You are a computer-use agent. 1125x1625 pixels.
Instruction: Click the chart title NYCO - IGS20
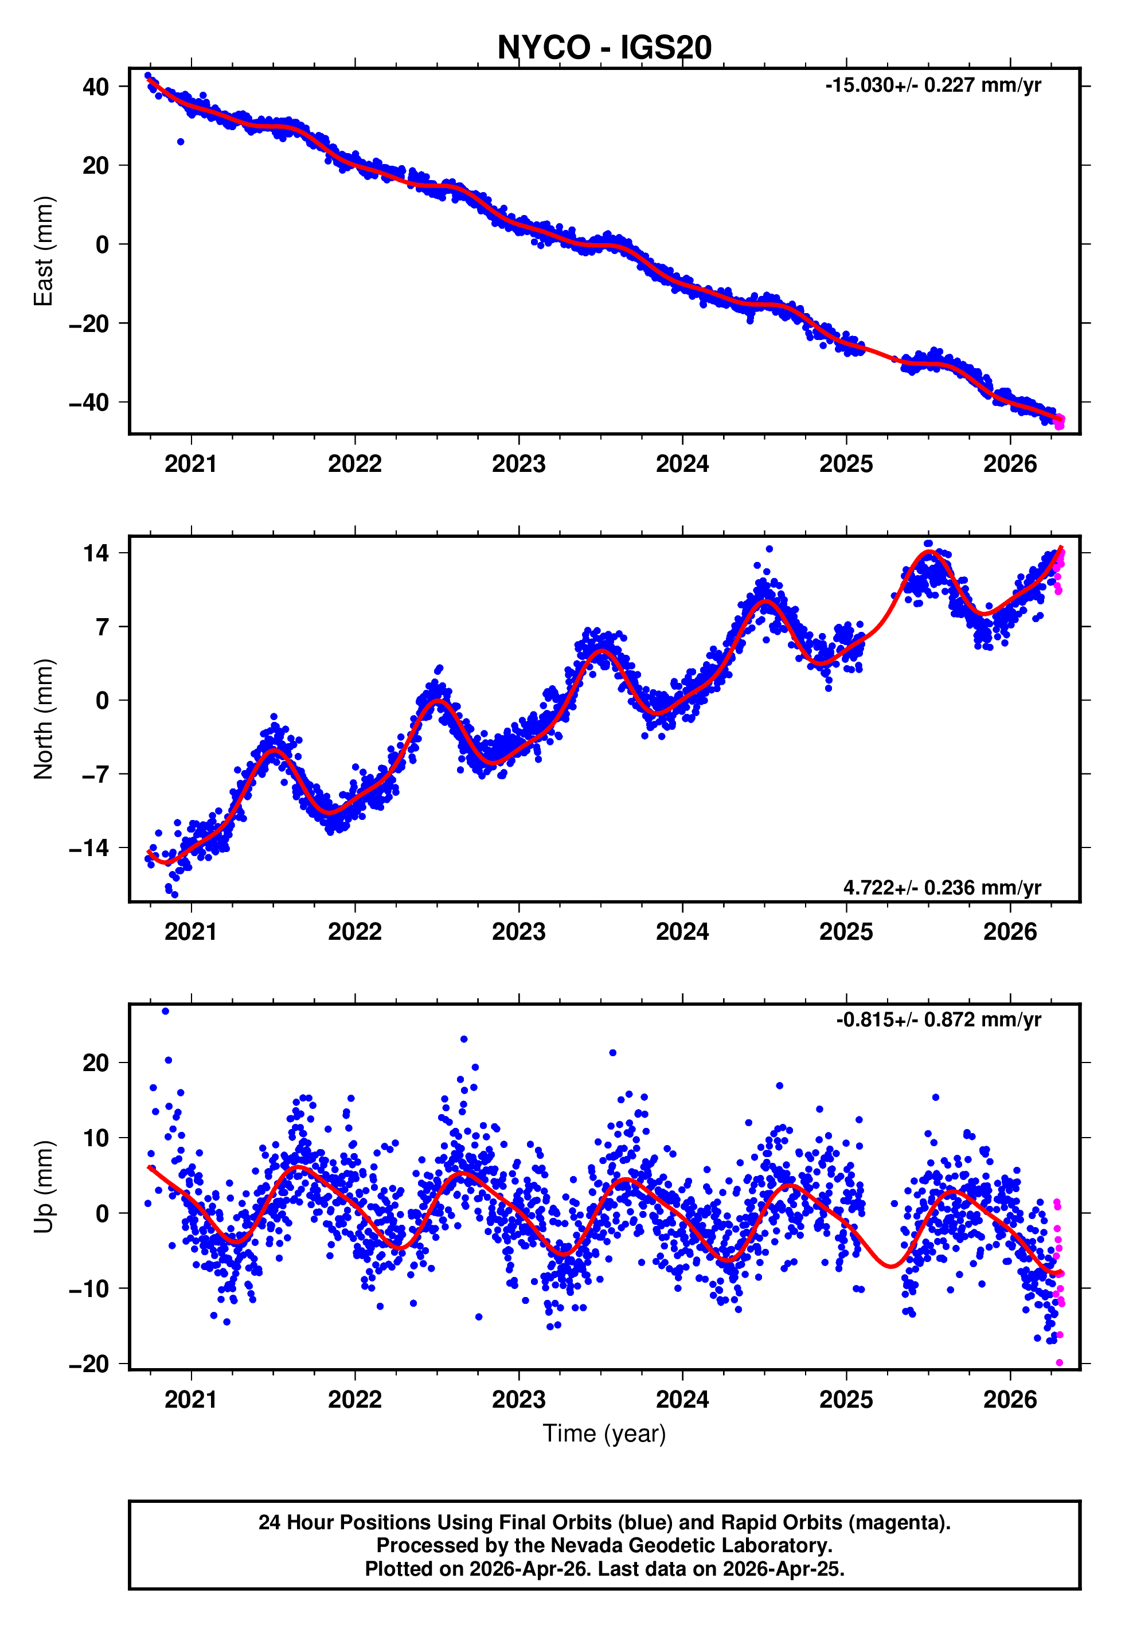click(x=604, y=48)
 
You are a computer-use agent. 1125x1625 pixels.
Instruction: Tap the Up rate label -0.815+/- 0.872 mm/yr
click(x=938, y=1019)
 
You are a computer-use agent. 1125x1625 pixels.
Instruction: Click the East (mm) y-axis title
click(x=44, y=251)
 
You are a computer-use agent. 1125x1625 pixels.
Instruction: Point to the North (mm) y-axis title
click(x=44, y=719)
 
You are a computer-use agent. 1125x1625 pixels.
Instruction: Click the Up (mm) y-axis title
click(x=44, y=1187)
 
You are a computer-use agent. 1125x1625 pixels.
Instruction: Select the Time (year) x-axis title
click(x=604, y=1433)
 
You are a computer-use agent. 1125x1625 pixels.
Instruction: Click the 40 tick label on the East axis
click(x=96, y=87)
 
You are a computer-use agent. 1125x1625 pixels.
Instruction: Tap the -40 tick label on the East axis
click(x=89, y=403)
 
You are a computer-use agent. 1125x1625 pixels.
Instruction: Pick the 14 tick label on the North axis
click(x=96, y=553)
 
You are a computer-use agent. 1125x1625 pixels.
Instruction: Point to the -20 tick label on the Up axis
click(x=89, y=1364)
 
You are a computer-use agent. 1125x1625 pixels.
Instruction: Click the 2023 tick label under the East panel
click(x=519, y=464)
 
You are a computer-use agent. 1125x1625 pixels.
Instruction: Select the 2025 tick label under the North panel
click(x=846, y=932)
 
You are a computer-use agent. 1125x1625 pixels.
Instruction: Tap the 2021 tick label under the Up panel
click(x=191, y=1400)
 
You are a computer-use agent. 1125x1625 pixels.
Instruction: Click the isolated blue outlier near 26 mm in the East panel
click(x=181, y=142)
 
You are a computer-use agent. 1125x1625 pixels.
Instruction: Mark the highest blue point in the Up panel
click(x=166, y=1011)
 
